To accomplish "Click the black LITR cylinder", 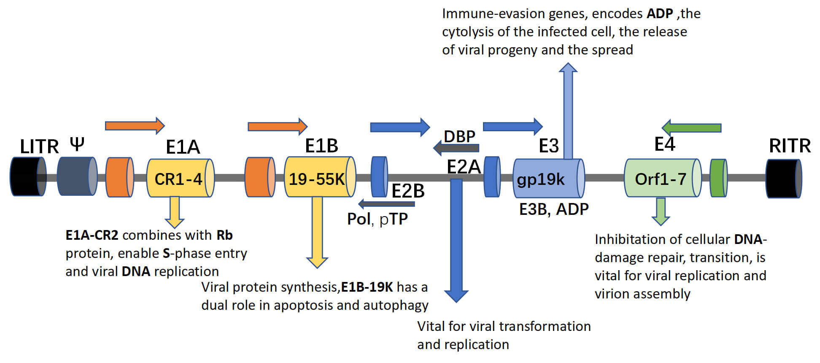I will [27, 176].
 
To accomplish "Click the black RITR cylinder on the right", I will [783, 179].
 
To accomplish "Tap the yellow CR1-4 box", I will [180, 178].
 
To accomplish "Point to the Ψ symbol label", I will [77, 145].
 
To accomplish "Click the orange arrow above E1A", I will [135, 125].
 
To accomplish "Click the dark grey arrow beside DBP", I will [456, 148].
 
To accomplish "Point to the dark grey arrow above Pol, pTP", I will [386, 204].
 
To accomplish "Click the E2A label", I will [463, 167].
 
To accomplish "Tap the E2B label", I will [407, 191].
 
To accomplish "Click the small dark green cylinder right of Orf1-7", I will [718, 178].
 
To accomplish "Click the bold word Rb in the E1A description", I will [224, 235].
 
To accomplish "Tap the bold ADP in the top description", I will [660, 14].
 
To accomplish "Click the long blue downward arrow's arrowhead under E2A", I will [456, 295].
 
